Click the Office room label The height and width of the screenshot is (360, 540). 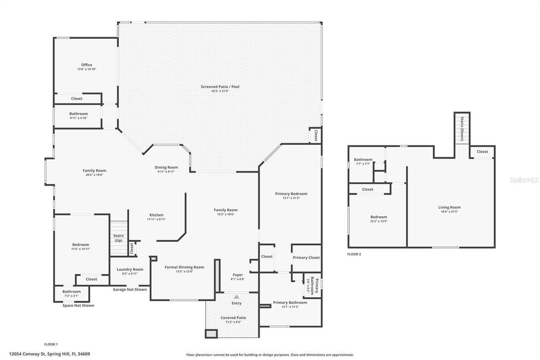86,65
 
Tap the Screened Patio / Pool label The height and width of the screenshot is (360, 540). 220,87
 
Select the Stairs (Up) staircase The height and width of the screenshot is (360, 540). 119,238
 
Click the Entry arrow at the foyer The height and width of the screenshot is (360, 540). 236,297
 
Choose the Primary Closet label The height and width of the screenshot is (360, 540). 306,257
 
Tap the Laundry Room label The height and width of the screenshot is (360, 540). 130,269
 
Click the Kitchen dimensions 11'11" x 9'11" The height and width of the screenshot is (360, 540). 156,219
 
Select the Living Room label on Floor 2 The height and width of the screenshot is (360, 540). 449,207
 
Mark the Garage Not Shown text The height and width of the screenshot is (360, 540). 130,290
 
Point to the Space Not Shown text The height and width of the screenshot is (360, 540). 78,305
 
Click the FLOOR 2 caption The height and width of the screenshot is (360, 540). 354,254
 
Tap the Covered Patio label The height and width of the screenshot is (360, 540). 233,318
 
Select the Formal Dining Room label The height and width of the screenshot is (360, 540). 184,267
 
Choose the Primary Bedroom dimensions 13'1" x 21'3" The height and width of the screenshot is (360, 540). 291,198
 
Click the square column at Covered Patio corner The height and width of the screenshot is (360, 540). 211,333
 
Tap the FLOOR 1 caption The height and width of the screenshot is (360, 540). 51,344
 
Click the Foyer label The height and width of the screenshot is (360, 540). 238,275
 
